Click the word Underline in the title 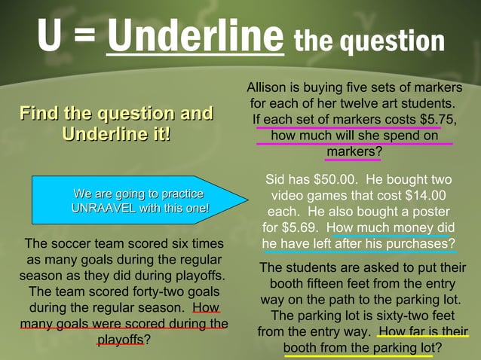coord(195,35)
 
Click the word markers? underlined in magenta coord(354,151)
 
